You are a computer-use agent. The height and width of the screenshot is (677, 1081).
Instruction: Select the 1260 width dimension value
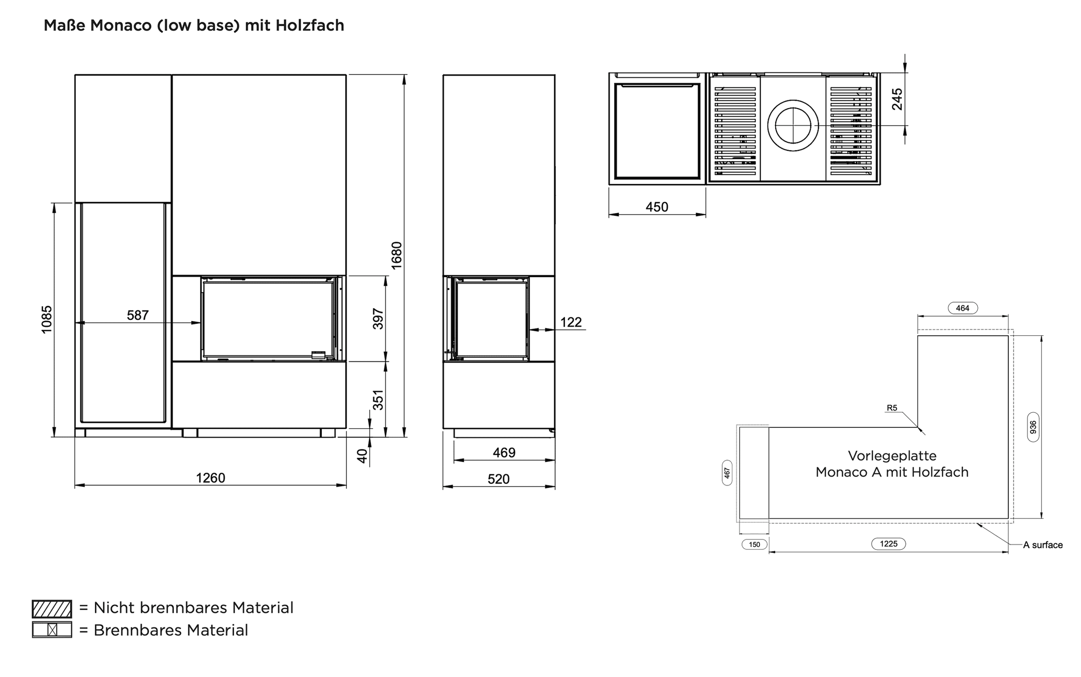coord(210,478)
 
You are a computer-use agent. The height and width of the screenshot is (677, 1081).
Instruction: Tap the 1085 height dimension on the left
coord(47,319)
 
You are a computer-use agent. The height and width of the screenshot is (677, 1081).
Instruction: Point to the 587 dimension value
coord(137,315)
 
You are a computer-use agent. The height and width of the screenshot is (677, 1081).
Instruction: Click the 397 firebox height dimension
coord(378,318)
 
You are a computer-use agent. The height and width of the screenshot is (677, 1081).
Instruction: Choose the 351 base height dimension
coord(378,400)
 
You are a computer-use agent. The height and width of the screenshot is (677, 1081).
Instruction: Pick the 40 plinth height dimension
coord(362,456)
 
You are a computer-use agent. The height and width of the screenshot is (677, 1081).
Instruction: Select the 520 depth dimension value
coord(498,479)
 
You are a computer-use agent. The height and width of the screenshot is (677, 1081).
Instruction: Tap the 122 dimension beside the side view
coord(571,322)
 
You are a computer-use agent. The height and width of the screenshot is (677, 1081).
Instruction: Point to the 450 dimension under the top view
coord(657,207)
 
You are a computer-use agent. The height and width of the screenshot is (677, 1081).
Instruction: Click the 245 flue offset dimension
coord(897,99)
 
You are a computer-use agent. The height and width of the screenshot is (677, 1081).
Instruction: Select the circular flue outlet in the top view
coord(793,125)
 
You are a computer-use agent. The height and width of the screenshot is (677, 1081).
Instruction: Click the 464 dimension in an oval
coord(962,308)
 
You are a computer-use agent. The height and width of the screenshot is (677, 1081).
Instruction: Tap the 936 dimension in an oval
coord(1033,427)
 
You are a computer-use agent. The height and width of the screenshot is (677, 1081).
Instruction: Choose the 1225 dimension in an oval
coord(888,544)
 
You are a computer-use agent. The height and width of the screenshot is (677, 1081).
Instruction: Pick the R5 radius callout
coord(892,408)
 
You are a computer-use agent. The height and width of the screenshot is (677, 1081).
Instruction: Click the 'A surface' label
coord(1043,545)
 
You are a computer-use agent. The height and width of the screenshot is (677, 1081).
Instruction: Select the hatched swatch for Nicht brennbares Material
coord(52,609)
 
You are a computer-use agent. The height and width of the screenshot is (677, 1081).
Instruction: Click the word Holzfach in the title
coord(310,26)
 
